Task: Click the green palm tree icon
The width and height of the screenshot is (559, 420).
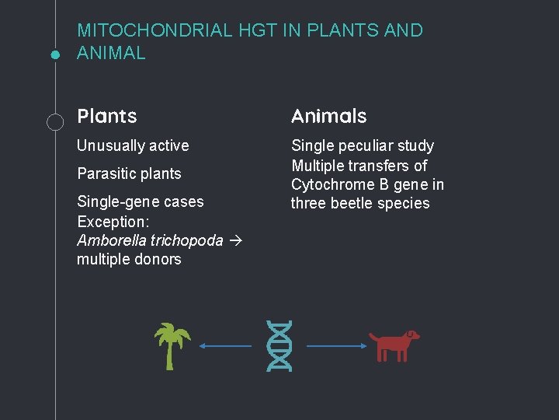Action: tap(172, 345)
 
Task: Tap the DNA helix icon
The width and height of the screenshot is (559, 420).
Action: tap(279, 345)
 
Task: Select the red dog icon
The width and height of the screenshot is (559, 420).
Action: tap(393, 345)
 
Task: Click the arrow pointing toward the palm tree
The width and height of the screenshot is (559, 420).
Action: tap(226, 346)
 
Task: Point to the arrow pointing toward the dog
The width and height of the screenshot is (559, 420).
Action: tap(335, 346)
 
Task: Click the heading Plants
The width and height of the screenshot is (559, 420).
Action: tap(107, 117)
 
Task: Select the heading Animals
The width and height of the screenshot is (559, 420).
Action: tap(328, 117)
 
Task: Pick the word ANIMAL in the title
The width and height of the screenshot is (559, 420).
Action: tap(111, 54)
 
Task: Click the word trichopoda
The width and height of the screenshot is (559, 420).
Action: tap(185, 240)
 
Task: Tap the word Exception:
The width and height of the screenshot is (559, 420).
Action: tap(113, 222)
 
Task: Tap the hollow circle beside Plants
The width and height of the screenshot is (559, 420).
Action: tap(55, 121)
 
